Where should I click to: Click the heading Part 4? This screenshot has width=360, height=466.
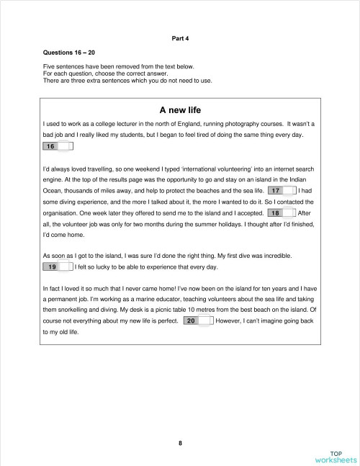[x=179, y=37]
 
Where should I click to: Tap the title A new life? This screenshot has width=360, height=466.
[x=179, y=110]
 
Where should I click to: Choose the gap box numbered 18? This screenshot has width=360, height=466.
[x=281, y=214]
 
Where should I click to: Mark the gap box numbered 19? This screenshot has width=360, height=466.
[x=58, y=267]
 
